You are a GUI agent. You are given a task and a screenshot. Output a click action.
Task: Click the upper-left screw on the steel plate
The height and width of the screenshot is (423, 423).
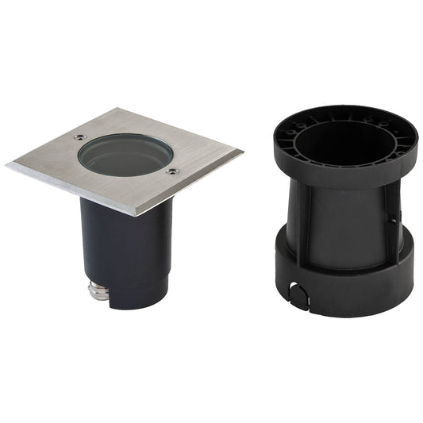click(x=79, y=137)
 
